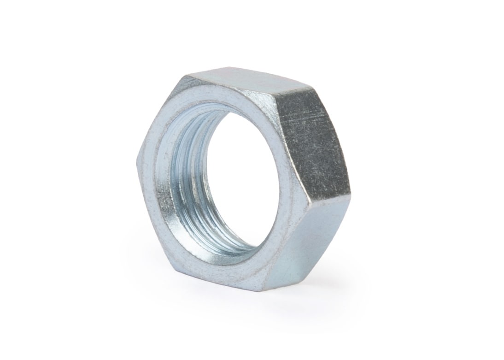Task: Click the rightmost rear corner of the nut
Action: [351, 191]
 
